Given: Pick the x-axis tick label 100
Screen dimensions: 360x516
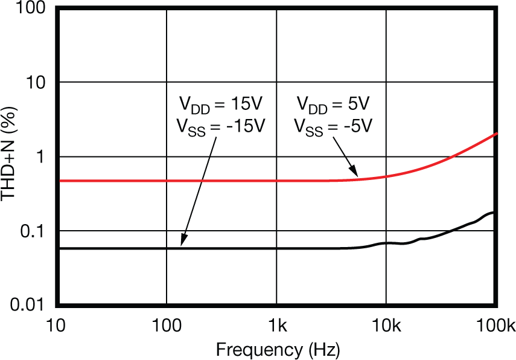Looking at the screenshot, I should pyautogui.click(x=166, y=327).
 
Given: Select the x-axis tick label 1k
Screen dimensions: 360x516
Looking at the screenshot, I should pyautogui.click(x=276, y=327).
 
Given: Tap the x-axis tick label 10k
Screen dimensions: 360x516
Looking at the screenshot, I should pyautogui.click(x=386, y=327).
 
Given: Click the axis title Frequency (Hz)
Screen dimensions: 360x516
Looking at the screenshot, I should pyautogui.click(x=277, y=349).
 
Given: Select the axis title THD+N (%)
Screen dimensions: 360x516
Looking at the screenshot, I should pyautogui.click(x=10, y=156).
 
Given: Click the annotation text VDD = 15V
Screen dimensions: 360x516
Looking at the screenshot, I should pyautogui.click(x=220, y=104).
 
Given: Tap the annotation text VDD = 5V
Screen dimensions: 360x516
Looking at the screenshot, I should pyautogui.click(x=335, y=104).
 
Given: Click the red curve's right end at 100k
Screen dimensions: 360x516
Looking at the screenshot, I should pyautogui.click(x=495, y=133).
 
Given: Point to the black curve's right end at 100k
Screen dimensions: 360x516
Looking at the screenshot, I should pyautogui.click(x=495, y=213).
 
